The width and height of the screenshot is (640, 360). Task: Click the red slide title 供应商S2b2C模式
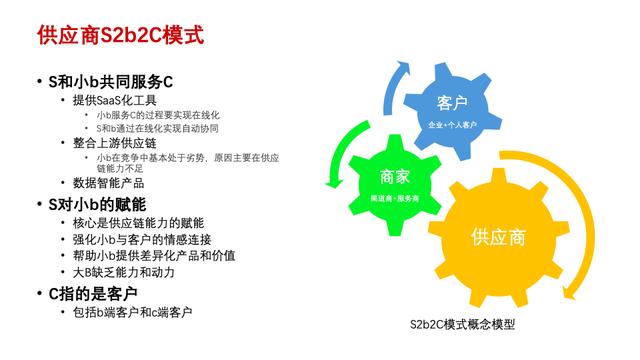click(x=120, y=36)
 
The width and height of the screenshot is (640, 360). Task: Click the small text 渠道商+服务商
click(x=392, y=199)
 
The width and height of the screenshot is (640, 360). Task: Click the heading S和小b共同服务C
click(x=109, y=80)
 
